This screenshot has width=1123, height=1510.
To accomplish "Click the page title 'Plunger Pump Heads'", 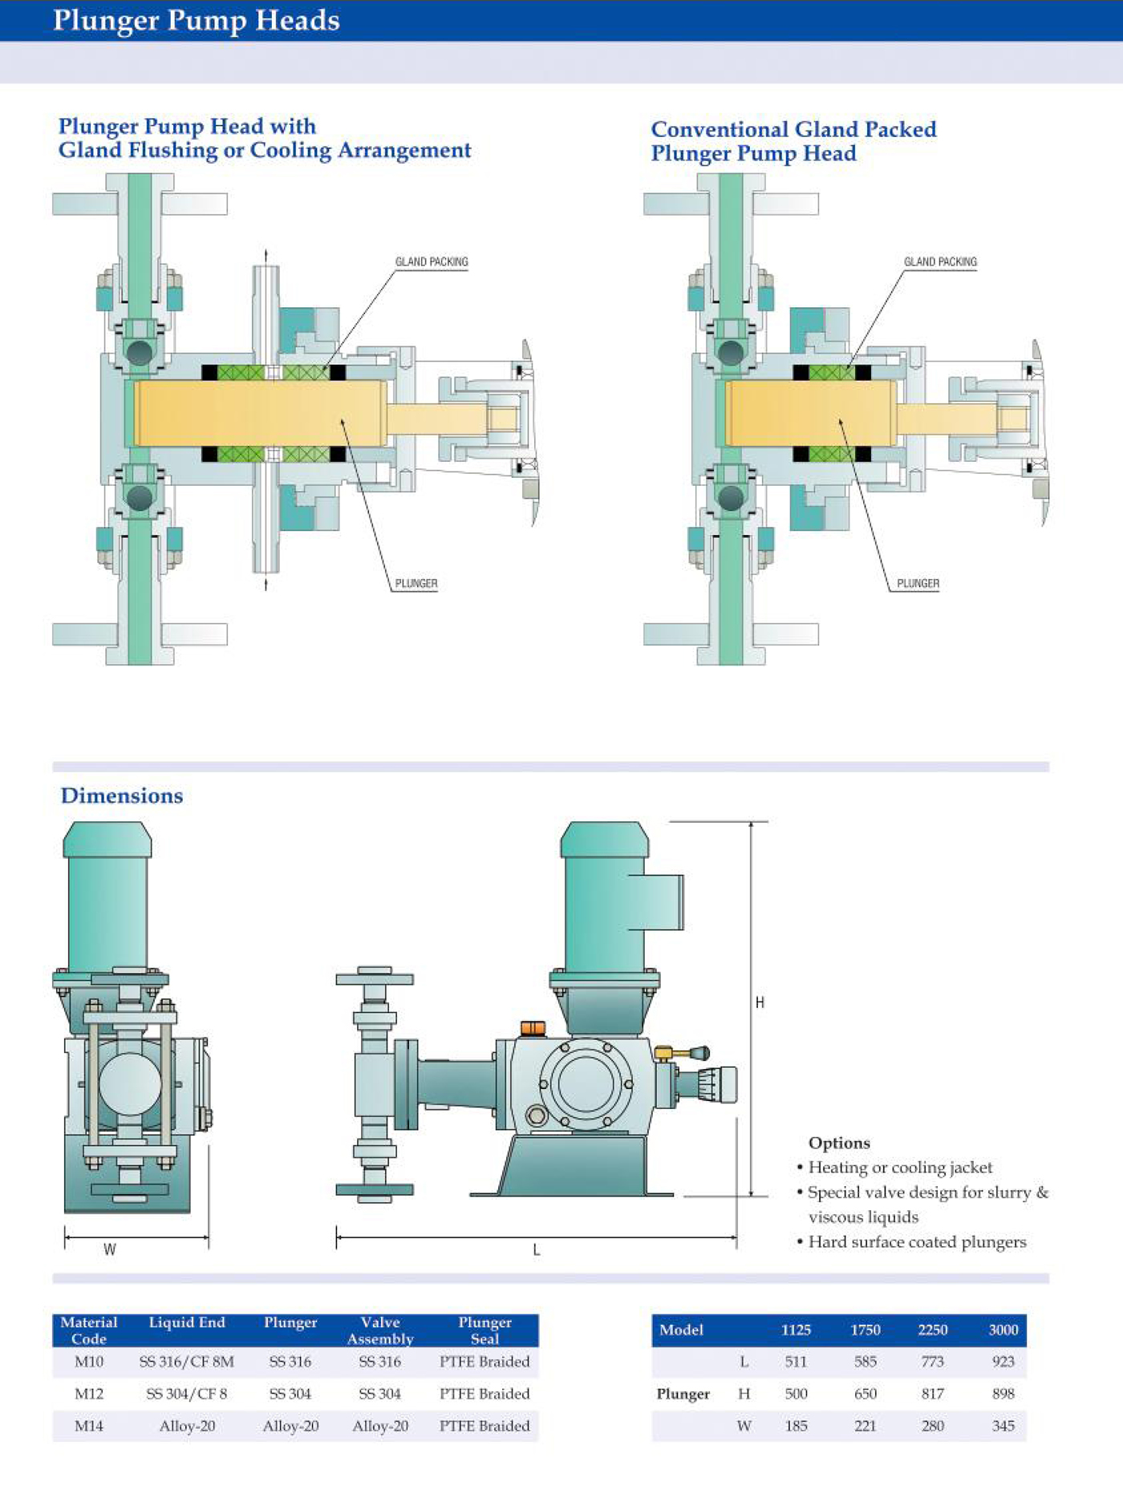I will (x=196, y=20).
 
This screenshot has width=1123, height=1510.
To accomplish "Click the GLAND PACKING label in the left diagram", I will (x=432, y=261).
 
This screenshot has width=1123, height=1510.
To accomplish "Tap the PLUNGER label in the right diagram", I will (x=918, y=583).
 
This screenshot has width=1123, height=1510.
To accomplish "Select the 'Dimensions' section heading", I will (x=122, y=795).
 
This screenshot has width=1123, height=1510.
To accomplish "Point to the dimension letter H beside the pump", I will (x=760, y=1002).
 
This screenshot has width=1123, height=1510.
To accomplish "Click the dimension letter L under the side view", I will (x=537, y=1249).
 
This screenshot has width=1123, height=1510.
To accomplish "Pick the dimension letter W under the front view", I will (x=110, y=1249).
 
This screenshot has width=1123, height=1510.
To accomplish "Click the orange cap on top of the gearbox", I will (x=533, y=1027).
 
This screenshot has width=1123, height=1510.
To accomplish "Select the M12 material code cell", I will (x=89, y=1394).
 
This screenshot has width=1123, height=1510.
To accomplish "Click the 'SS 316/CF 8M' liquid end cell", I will (x=187, y=1362).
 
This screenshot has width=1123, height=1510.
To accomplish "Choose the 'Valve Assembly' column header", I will (x=380, y=1330).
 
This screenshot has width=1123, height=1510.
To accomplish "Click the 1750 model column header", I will (x=866, y=1330).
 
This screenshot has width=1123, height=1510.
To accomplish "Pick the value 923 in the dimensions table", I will (x=1003, y=1362).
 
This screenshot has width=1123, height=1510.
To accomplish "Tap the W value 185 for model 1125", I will (x=796, y=1426).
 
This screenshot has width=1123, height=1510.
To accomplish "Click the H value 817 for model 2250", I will (x=933, y=1394).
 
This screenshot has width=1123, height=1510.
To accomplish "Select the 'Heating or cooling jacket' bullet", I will (x=900, y=1168).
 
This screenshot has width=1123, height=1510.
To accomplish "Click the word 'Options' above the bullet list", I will (x=839, y=1143).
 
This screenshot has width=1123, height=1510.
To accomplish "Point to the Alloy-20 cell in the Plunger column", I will (x=290, y=1426).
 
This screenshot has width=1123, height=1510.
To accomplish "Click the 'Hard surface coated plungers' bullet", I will (x=917, y=1242).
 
